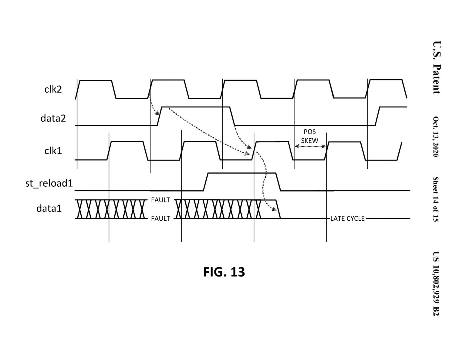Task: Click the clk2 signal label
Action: click(x=53, y=89)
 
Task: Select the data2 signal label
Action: click(x=53, y=118)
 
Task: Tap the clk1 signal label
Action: click(x=53, y=151)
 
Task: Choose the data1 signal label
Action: click(x=49, y=208)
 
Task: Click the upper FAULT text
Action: click(x=160, y=200)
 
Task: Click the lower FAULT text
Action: click(x=160, y=219)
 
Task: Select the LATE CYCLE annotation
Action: click(x=347, y=219)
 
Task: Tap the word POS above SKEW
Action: click(x=310, y=132)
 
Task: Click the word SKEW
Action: click(x=310, y=141)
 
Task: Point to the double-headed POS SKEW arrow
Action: click(x=310, y=147)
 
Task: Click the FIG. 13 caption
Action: click(x=224, y=272)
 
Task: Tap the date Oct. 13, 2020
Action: click(x=436, y=137)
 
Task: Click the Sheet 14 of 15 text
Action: click(x=436, y=199)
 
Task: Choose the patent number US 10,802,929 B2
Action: click(x=436, y=284)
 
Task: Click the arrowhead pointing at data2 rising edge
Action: click(x=157, y=113)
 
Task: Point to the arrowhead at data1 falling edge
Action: click(x=274, y=209)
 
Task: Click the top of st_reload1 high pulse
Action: click(x=242, y=173)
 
